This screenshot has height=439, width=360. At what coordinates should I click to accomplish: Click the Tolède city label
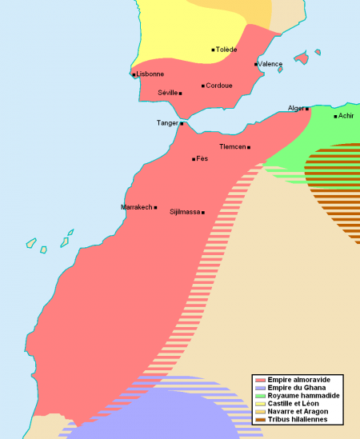point(227,50)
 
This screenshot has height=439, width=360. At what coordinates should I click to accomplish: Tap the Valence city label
point(270,64)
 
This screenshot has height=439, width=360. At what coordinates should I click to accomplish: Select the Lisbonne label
point(150,74)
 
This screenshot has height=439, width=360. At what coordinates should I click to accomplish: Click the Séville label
point(168,94)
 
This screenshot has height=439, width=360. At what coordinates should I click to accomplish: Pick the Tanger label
point(167,123)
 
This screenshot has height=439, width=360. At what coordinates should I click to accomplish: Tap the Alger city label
point(295,108)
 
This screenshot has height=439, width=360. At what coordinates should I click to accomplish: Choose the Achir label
point(346,116)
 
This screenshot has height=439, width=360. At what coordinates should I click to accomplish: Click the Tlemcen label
point(232,147)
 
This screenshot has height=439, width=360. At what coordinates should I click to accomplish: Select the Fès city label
point(202,159)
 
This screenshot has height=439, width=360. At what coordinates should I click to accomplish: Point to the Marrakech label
point(136,207)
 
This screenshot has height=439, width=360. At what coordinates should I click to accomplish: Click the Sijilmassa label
point(185,212)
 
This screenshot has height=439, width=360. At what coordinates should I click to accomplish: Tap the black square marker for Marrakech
point(155,207)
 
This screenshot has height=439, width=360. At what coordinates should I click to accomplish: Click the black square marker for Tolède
point(213,50)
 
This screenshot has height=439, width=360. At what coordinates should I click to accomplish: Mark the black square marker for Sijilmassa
point(203,212)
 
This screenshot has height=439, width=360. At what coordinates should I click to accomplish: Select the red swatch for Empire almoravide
point(259,379)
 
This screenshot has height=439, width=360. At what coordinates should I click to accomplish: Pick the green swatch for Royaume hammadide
point(259,396)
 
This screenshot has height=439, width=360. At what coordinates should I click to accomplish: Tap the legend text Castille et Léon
point(292,404)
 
